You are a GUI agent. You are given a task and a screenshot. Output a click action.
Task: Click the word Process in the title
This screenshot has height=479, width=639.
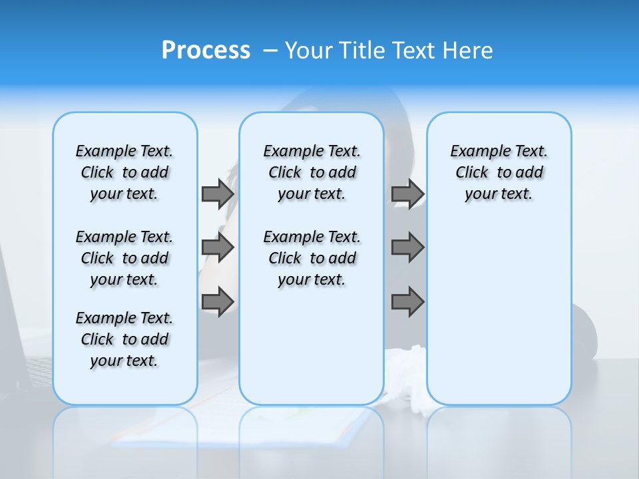coord(206,50)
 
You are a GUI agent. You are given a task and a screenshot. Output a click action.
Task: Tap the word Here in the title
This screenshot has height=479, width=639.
coord(468,51)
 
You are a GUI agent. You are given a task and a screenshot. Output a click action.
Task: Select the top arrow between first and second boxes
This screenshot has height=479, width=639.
coord(217,194)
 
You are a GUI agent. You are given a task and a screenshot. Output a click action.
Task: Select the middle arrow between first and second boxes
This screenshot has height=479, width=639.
coord(217,247)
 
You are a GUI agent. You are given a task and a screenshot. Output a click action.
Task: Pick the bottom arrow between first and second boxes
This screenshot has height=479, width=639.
coord(217,301)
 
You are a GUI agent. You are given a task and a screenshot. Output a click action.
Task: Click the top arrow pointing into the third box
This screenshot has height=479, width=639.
coord(407,194)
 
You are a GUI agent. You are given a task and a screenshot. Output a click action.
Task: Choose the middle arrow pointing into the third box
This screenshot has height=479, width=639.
coord(407,247)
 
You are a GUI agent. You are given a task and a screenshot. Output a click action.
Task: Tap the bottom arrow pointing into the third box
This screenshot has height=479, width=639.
coord(407,301)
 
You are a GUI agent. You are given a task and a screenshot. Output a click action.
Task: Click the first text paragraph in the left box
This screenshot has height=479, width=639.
coord(124,172)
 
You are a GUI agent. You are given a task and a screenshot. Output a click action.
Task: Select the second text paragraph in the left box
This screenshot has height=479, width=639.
coord(124,258)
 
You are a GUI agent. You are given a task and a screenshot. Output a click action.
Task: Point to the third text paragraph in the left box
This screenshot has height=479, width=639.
coord(124,339)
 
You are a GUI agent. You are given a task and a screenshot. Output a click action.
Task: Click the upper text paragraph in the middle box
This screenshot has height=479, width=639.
coord(312,172)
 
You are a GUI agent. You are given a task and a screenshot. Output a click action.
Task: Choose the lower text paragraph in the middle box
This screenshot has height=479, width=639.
coord(312,258)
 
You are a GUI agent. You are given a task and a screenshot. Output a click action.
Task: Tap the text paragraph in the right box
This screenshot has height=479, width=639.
coord(499,172)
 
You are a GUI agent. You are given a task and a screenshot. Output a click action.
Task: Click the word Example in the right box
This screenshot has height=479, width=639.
coord(475,152)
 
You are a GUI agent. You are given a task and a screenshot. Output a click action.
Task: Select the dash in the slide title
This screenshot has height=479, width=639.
coord(270,51)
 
